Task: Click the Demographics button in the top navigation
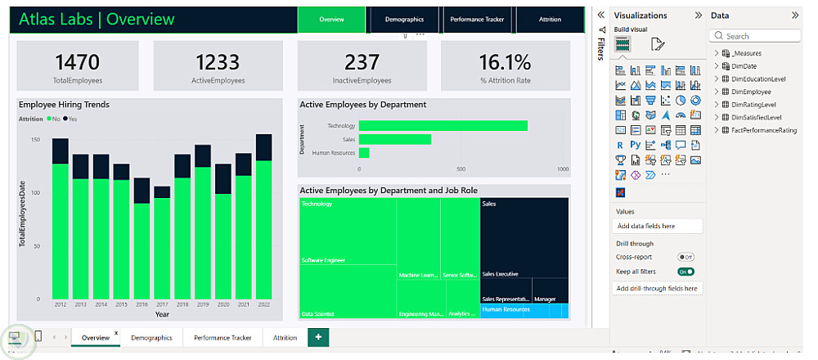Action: (404, 19)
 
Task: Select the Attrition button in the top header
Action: (550, 19)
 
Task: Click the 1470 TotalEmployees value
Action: (77, 62)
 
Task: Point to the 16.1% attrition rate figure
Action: (505, 62)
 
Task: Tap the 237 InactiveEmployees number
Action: (362, 62)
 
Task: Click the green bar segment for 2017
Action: (162, 248)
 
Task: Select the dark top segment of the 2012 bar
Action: (61, 151)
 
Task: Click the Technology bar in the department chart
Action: (443, 126)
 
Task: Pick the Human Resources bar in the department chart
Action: (364, 153)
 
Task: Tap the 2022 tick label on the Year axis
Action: (263, 304)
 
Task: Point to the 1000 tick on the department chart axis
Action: (563, 169)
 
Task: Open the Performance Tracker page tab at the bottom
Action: (222, 337)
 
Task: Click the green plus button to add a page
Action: (318, 337)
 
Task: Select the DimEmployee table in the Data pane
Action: (751, 92)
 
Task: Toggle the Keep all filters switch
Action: (685, 272)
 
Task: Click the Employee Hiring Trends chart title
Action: (64, 105)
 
